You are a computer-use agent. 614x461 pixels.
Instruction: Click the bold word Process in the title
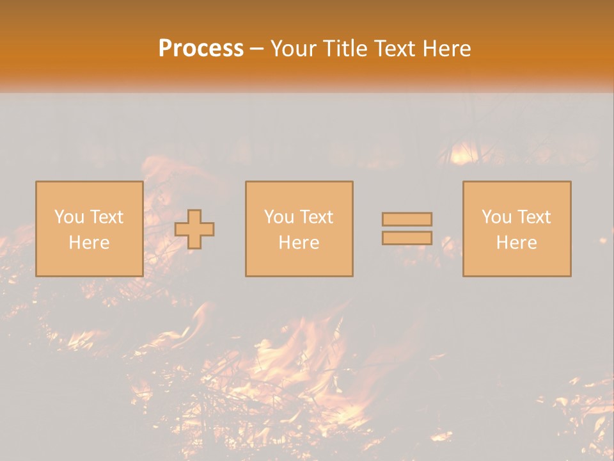click(201, 49)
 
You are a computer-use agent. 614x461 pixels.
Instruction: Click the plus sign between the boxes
click(194, 229)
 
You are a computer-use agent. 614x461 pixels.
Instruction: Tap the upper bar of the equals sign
click(407, 220)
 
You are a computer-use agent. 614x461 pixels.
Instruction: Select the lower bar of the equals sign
click(407, 238)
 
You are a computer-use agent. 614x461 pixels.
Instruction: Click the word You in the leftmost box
click(68, 217)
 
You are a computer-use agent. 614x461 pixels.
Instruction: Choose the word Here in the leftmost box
click(89, 243)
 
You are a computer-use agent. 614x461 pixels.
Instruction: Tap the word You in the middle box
click(278, 217)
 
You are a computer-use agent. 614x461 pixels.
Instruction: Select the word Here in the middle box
click(299, 243)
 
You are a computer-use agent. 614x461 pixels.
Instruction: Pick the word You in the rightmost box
click(496, 217)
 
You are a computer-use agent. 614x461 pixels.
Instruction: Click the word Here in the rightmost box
click(516, 243)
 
